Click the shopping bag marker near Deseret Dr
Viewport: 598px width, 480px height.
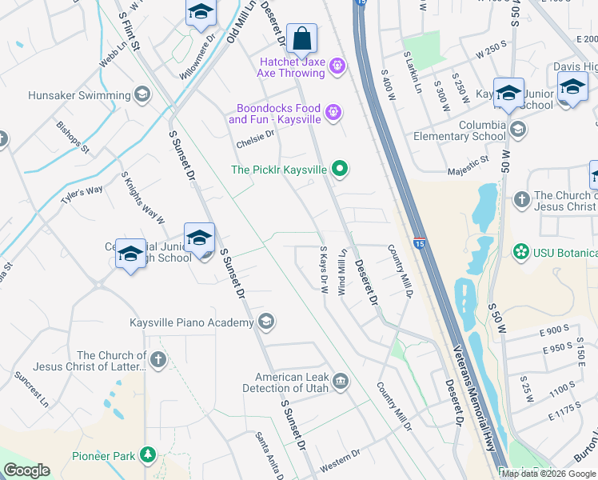(x=302, y=38)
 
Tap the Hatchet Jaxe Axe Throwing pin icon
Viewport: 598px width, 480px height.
(x=337, y=65)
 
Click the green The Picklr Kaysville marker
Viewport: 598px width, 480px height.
(x=340, y=169)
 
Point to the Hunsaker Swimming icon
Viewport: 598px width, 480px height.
(x=142, y=95)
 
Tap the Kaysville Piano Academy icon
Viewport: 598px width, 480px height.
(x=265, y=322)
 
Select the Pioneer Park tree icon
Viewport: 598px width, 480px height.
(x=147, y=455)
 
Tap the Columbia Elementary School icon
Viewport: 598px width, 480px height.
(x=518, y=129)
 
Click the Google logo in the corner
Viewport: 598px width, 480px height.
(x=26, y=470)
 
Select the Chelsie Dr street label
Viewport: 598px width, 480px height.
(x=255, y=138)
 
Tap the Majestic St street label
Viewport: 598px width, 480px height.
(x=468, y=162)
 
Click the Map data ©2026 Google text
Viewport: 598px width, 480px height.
(x=548, y=473)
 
